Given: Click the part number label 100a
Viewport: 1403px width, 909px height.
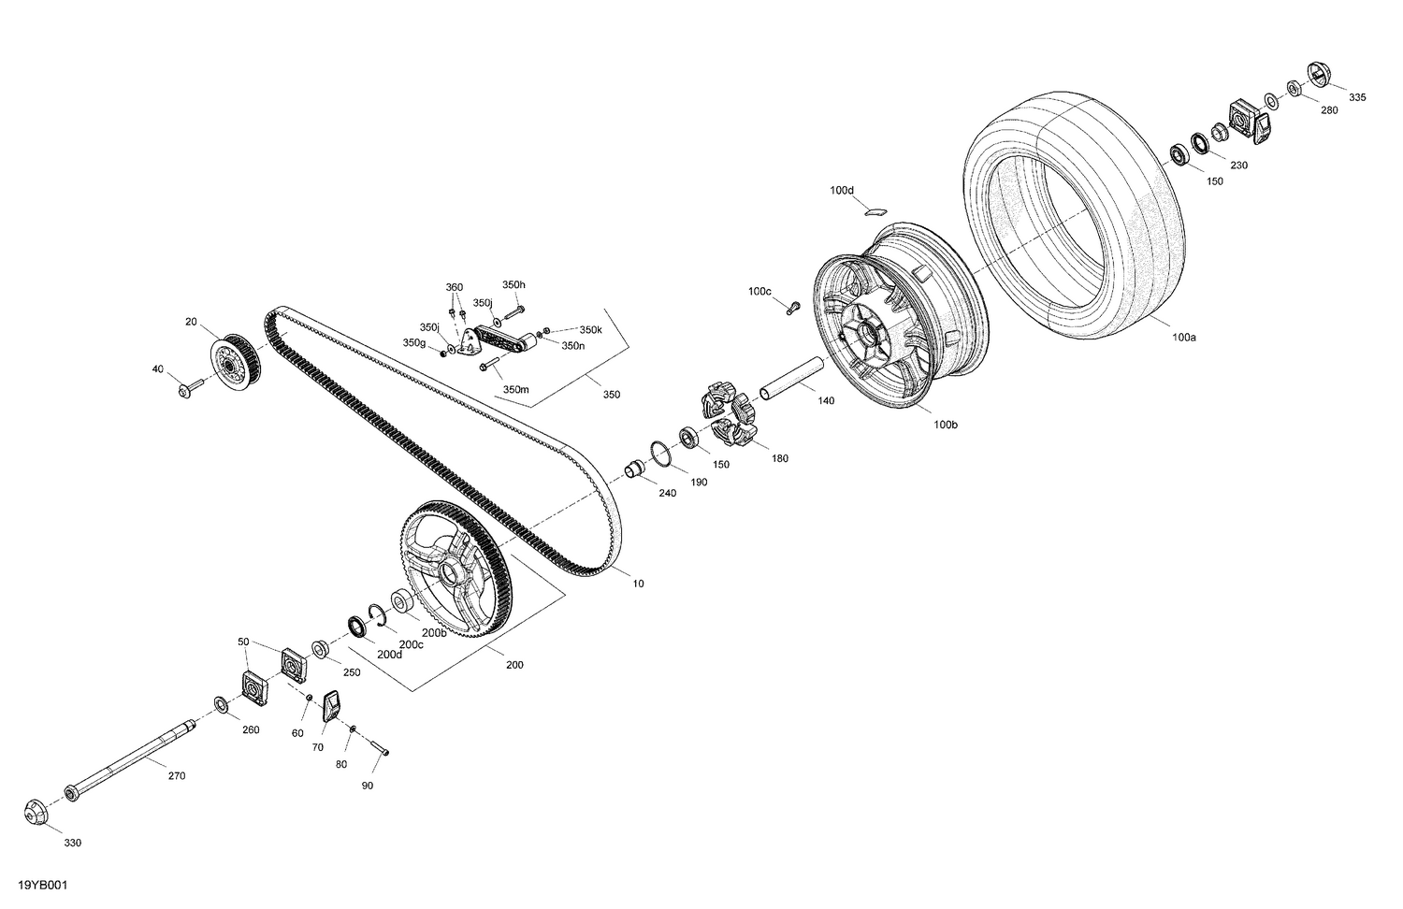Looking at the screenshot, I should (x=1183, y=337).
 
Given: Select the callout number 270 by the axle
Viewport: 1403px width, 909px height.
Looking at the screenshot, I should (x=177, y=775).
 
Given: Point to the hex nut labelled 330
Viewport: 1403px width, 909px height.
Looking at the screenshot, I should (x=36, y=812).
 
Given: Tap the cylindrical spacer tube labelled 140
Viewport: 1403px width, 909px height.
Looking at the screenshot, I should (x=791, y=378).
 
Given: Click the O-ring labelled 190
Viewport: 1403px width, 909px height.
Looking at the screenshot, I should (x=660, y=454).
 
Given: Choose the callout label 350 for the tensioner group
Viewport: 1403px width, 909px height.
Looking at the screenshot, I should (x=611, y=395).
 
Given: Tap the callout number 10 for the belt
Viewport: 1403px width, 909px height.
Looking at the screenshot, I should (x=638, y=584).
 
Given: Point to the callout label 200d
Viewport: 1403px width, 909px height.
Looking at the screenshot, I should (x=389, y=654).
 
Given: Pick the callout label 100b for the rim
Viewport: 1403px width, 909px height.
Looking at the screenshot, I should (x=945, y=425).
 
